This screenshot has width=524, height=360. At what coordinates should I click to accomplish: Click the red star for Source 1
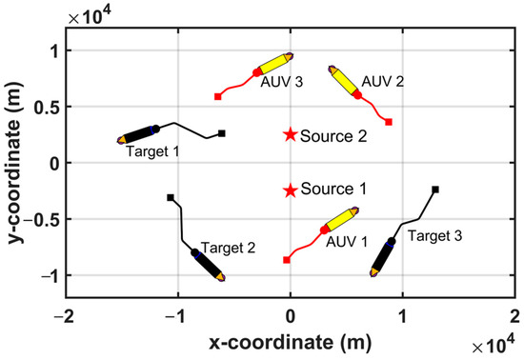290,190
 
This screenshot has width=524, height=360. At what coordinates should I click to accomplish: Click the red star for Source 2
290,134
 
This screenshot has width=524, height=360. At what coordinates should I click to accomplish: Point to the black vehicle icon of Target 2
208,264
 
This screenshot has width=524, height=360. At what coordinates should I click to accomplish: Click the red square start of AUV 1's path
286,260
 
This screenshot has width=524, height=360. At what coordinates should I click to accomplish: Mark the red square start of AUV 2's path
388,122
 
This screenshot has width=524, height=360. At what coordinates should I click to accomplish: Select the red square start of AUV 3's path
218,96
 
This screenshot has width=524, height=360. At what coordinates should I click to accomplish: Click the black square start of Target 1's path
221,133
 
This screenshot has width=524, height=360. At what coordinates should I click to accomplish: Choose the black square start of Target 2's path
171,197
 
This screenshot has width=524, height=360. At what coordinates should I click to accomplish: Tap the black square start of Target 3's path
435,190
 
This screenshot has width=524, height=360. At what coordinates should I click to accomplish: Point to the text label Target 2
229,248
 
